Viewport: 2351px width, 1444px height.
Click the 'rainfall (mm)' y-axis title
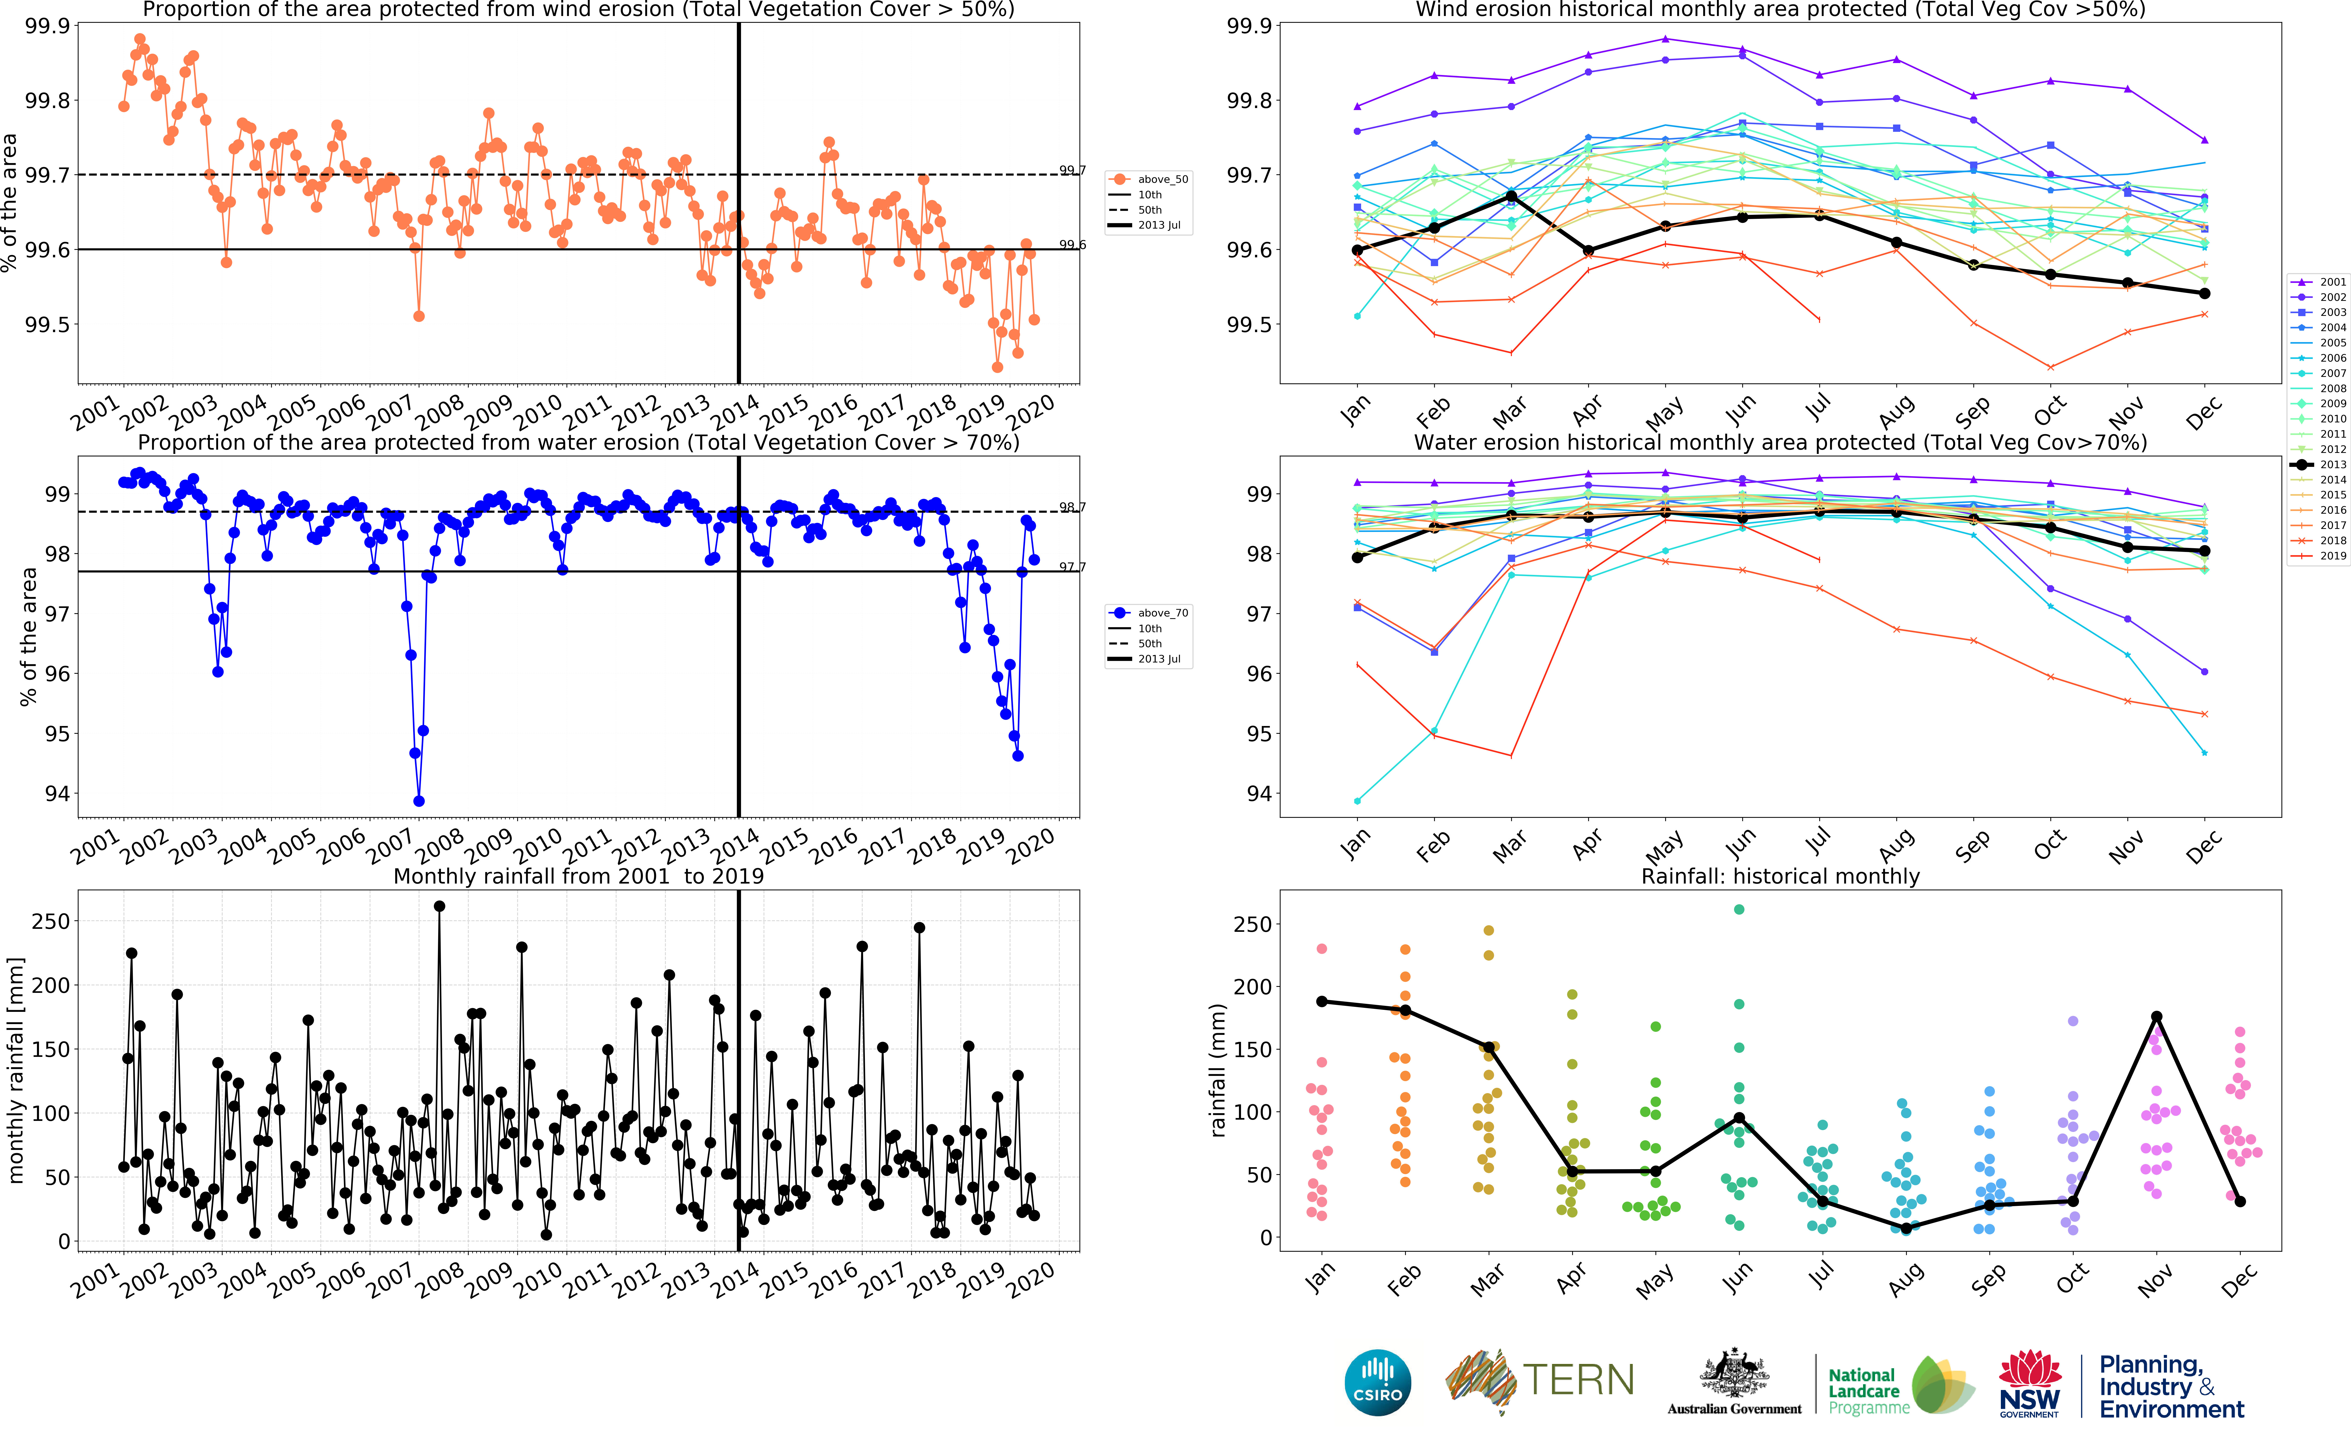(x=1218, y=1070)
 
